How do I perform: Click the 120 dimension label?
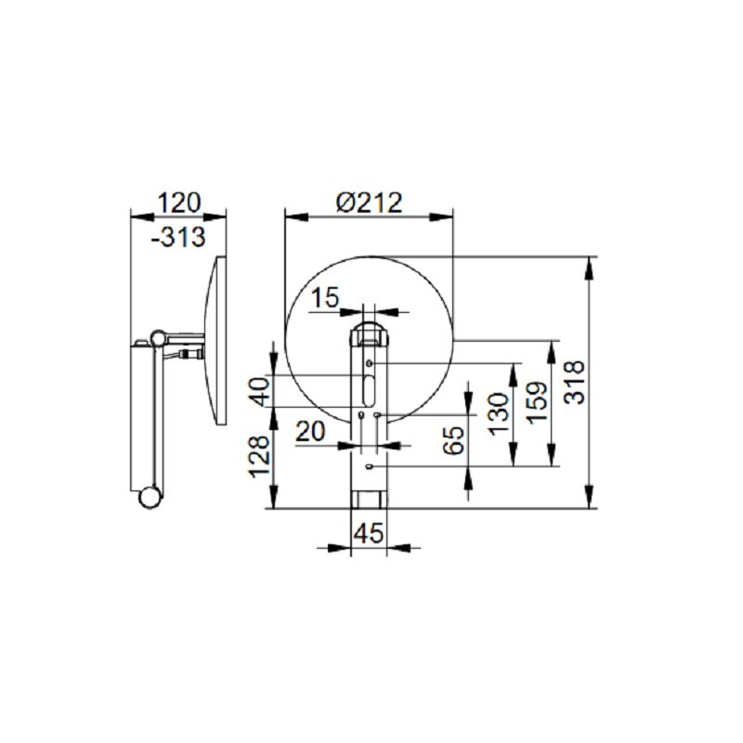pos(179,202)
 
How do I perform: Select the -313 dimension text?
pos(178,237)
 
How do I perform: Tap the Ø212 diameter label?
pos(369,202)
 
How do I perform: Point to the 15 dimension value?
pos(326,298)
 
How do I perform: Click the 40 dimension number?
pos(260,391)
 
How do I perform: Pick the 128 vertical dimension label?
pos(260,456)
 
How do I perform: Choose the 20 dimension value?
pos(310,432)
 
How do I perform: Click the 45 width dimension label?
pos(369,533)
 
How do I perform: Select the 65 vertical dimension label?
pos(454,440)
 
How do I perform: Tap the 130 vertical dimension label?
pos(500,413)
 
